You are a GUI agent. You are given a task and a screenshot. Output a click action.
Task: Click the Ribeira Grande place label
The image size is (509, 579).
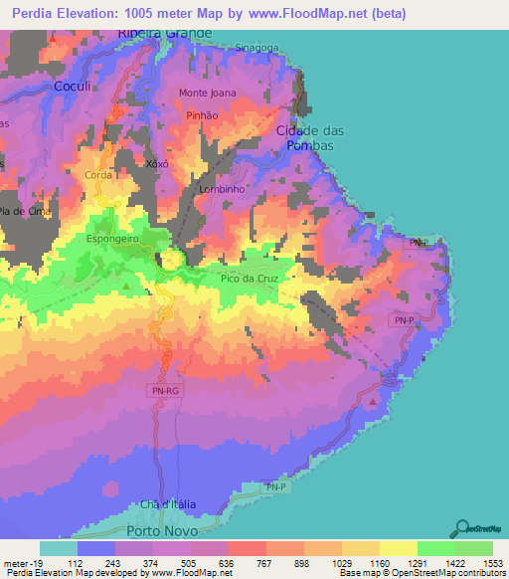165,33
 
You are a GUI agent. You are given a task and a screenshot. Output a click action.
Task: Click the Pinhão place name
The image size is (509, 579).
202,115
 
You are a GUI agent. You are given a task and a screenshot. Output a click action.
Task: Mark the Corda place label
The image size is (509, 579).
97,174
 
